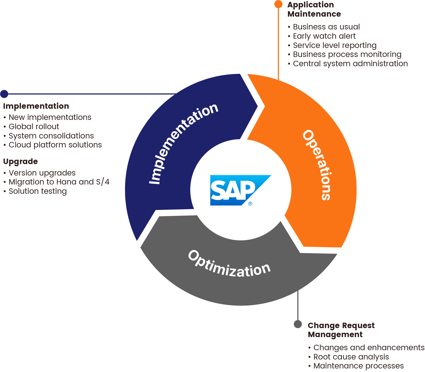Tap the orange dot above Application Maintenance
click(278, 4)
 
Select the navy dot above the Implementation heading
click(4, 94)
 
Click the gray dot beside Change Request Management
click(298, 324)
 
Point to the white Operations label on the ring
click(317, 165)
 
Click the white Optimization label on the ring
click(229, 265)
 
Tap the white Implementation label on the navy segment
click(184, 144)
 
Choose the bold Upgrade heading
click(20, 161)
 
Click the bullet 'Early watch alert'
click(324, 36)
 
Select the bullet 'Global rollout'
click(34, 126)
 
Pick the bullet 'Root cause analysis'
click(351, 357)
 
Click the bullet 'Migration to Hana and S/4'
click(59, 182)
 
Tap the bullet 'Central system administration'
click(350, 63)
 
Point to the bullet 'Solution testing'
click(38, 191)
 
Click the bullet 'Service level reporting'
click(335, 45)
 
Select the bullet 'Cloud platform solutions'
click(55, 145)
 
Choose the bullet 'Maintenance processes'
click(358, 366)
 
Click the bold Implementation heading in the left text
click(36, 106)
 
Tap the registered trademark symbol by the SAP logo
click(250, 204)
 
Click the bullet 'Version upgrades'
click(42, 173)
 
